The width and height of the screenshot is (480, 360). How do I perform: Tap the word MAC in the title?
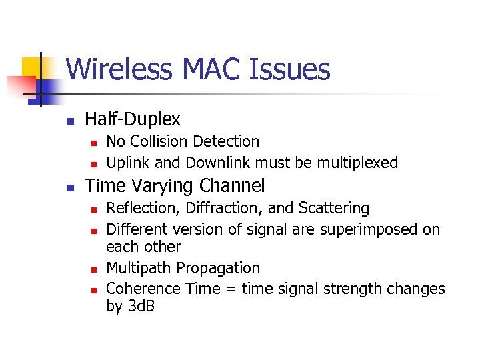click(x=207, y=69)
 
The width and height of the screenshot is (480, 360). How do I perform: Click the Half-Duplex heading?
click(x=133, y=119)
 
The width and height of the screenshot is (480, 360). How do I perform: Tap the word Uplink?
click(x=127, y=163)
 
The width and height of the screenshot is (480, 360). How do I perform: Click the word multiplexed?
click(x=357, y=163)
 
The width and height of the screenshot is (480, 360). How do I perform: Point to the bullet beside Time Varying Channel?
click(x=69, y=187)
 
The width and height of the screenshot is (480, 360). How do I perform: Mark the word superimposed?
click(x=373, y=229)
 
